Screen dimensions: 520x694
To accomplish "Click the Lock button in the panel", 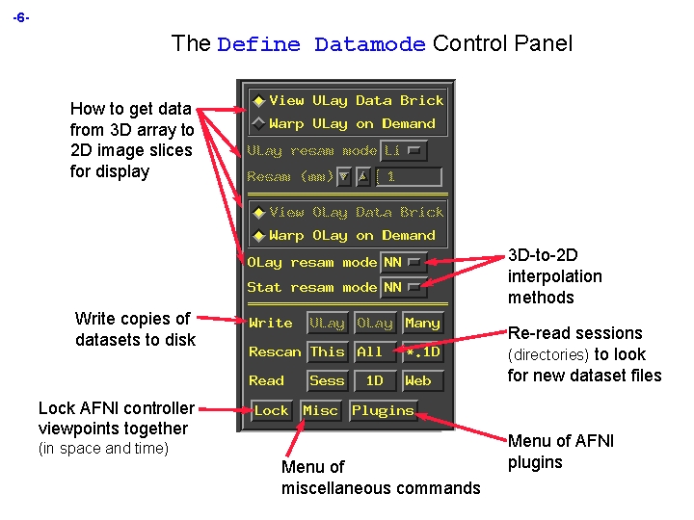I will [x=271, y=411].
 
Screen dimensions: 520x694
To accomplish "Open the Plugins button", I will [x=383, y=411].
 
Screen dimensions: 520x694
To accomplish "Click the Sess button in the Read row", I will [x=327, y=381].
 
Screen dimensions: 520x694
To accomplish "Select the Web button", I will [x=418, y=381].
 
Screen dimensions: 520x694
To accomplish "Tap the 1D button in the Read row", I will [x=374, y=381].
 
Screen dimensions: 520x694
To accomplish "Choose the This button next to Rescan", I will [x=327, y=352].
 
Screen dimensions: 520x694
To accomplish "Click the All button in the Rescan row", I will [x=370, y=352].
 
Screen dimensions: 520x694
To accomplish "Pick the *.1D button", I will [x=422, y=352].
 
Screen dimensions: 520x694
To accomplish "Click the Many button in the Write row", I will [x=422, y=324].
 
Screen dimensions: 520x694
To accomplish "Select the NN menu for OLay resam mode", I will [x=403, y=262].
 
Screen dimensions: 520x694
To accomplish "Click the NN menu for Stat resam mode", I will [x=403, y=287].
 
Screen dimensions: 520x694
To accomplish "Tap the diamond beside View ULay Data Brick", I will [x=258, y=101].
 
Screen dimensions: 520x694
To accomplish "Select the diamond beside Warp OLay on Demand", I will [x=258, y=236].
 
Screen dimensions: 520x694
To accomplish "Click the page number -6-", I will [x=21, y=17].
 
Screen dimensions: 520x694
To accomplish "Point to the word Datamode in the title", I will [x=369, y=44].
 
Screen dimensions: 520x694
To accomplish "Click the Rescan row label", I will [x=275, y=352].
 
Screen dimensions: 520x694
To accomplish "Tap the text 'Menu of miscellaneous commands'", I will [x=380, y=478].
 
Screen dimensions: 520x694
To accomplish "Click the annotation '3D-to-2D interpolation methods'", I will [x=554, y=276].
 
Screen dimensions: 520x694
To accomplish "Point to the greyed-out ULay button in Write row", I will [x=327, y=324].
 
